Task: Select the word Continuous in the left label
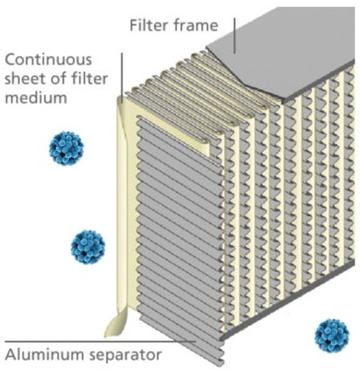click(50, 60)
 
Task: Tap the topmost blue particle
click(67, 148)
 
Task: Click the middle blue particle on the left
click(88, 248)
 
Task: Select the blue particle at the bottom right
click(331, 336)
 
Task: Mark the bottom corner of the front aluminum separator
click(223, 360)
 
